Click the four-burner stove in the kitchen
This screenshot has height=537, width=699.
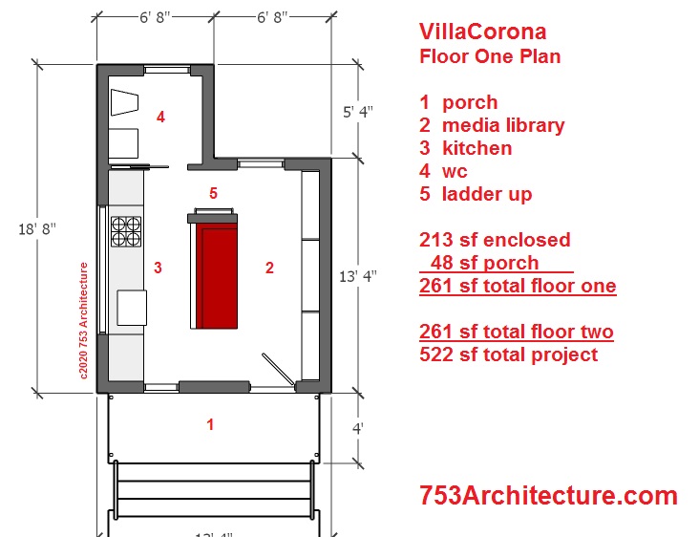pos(126,231)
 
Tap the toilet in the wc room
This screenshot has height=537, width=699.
pos(124,102)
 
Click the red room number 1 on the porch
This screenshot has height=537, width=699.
pos(210,424)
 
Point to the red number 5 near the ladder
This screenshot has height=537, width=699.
pos(214,193)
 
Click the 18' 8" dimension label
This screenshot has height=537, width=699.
pos(37,228)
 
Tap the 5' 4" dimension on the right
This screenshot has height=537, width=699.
pos(358,112)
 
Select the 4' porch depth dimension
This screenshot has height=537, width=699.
pos(358,429)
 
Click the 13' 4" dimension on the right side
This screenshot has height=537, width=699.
pos(358,276)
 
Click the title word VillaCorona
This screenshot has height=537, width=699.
pos(483,32)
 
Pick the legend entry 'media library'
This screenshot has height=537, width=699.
pos(503,125)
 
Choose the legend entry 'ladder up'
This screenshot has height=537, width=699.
pos(487,194)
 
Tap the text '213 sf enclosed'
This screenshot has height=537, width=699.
pos(495,240)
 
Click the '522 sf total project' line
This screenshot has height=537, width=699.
pos(509,355)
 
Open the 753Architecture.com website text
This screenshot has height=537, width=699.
pos(548,496)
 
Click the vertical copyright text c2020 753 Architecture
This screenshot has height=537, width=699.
pos(83,321)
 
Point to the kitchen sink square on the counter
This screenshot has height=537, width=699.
pos(132,308)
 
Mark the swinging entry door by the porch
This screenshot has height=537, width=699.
pos(278,369)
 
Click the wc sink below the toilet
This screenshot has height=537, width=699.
pos(123,143)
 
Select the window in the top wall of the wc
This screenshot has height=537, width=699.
pos(167,70)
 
